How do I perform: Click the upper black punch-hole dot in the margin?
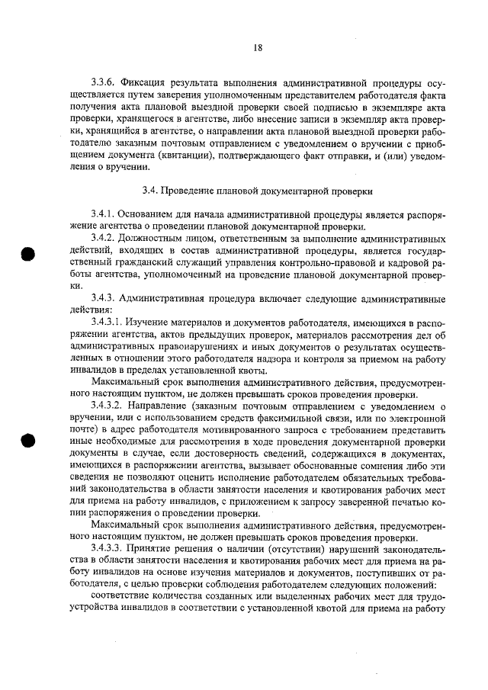pos(30,255)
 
